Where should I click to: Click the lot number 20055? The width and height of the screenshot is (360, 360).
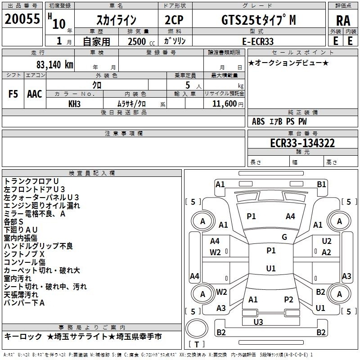point(22,19)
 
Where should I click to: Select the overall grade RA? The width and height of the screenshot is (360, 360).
point(343,21)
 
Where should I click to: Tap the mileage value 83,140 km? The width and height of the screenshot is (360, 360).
point(55,65)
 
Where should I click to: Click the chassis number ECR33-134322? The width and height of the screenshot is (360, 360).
point(302,143)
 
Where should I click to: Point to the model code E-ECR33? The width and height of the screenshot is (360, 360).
point(258,41)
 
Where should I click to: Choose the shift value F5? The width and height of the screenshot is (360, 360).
point(13,94)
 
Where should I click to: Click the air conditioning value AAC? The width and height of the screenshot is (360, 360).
point(35,94)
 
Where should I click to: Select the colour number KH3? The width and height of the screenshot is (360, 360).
point(74,104)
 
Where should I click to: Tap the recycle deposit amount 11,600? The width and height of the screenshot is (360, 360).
point(224,103)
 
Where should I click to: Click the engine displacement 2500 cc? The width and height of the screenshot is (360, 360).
point(141,41)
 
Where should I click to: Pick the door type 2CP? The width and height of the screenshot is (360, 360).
point(174,20)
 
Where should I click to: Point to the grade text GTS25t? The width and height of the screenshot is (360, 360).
point(242,20)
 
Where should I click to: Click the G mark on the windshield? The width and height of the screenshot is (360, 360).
point(284,237)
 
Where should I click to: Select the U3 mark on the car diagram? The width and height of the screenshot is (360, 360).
point(258,322)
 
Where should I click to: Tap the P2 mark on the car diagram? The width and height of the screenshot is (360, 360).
point(288,299)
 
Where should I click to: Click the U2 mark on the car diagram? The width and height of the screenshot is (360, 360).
point(327,241)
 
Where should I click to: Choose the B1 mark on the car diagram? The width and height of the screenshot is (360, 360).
point(321,184)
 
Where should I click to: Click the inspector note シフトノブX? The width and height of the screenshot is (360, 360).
point(24,254)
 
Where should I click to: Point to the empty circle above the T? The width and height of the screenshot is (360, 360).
point(197,328)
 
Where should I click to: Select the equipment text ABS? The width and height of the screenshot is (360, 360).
point(258,121)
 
